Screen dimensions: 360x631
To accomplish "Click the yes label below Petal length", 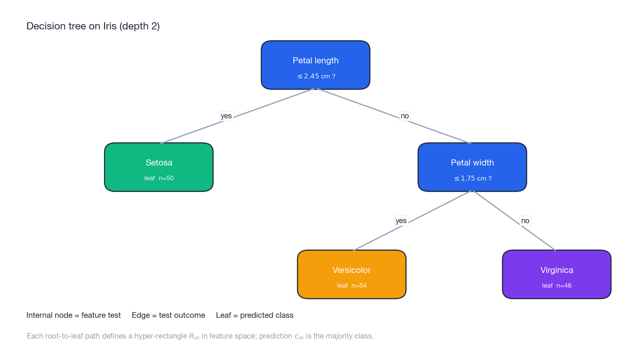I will coord(226,116).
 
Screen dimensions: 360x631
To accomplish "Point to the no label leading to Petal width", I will coord(405,116).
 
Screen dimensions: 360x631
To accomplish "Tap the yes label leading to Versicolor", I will coord(401,221).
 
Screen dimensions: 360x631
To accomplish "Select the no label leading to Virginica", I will coord(525,221).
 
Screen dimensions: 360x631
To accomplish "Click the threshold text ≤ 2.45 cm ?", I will coord(316,76).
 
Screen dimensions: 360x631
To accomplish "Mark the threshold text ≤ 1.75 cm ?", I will coord(473,178).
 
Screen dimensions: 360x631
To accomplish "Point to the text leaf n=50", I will coord(159,178).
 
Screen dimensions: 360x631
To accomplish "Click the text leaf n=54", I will coord(351,286).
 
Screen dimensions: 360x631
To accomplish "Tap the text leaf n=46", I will coord(556,286).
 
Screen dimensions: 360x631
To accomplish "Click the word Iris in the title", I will coord(110,26).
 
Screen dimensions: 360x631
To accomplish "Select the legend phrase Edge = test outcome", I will coord(168,315).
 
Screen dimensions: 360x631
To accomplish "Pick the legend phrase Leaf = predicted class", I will coord(255,315).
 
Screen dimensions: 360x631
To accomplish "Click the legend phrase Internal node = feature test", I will coord(73,315).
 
